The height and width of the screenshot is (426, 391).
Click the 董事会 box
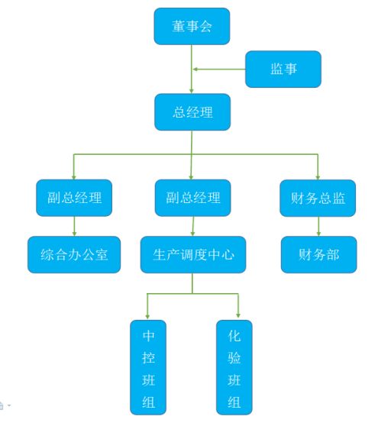pos(192,26)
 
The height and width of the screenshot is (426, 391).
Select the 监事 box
pos(283,69)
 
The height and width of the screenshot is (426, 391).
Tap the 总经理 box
pos(192,112)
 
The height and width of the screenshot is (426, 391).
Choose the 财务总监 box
pos(318,198)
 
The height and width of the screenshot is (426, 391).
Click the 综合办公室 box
pos(74,254)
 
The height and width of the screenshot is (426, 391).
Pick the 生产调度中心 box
pos(193,254)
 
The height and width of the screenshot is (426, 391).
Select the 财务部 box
pos(318,254)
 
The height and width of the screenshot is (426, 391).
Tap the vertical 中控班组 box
pos(148,367)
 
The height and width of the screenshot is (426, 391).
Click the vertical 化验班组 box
pos(234,367)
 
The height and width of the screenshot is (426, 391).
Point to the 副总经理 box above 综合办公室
pos(74,198)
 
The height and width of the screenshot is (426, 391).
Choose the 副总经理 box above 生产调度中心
pos(192,198)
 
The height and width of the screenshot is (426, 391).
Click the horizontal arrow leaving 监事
pos(219,69)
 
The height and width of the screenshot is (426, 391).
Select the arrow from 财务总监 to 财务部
pos(318,226)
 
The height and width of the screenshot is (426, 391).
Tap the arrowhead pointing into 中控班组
pos(147,317)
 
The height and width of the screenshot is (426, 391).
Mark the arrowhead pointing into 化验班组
pos(238,316)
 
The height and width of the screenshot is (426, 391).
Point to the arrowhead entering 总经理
pos(192,91)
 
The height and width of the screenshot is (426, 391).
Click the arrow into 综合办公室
pos(74,226)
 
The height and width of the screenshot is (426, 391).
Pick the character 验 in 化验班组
pos(234,358)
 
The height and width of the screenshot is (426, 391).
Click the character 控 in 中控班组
pos(148,358)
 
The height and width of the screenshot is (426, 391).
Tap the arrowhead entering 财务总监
pos(318,177)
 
